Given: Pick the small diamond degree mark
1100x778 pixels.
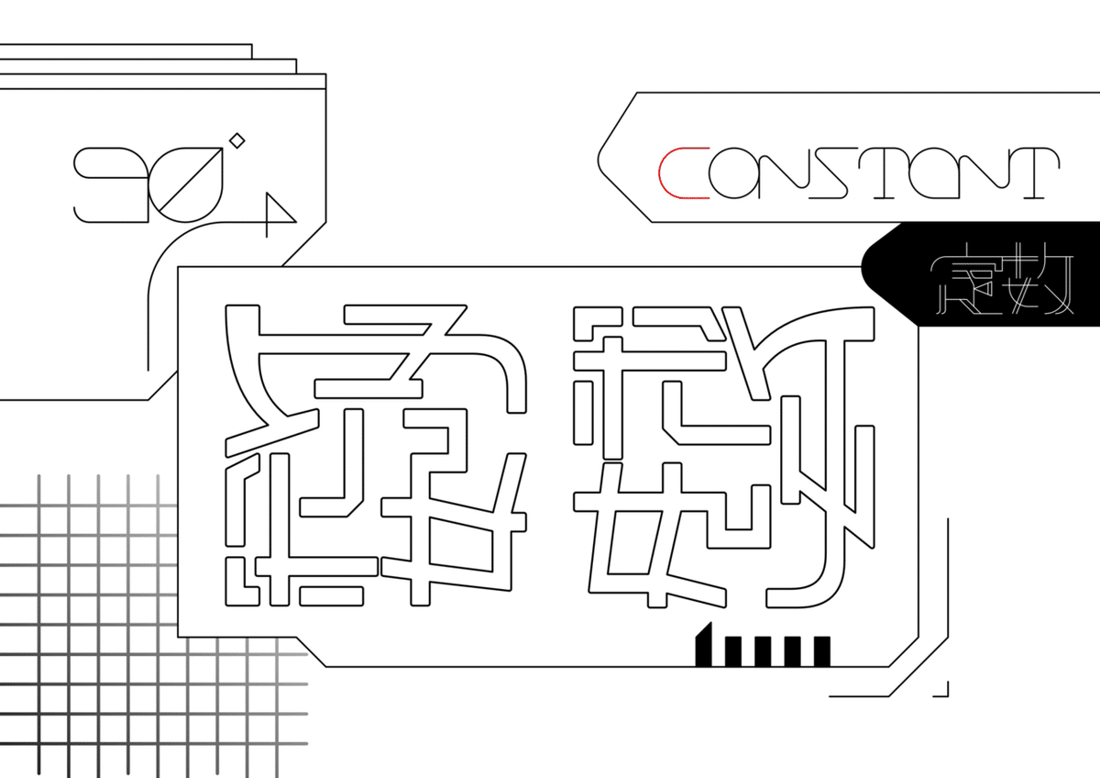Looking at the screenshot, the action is click(x=238, y=140).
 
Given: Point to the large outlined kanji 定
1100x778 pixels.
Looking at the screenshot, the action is click(x=376, y=454).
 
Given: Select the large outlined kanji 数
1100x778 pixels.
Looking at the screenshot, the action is click(x=724, y=454).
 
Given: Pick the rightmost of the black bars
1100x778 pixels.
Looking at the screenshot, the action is click(x=822, y=650).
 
